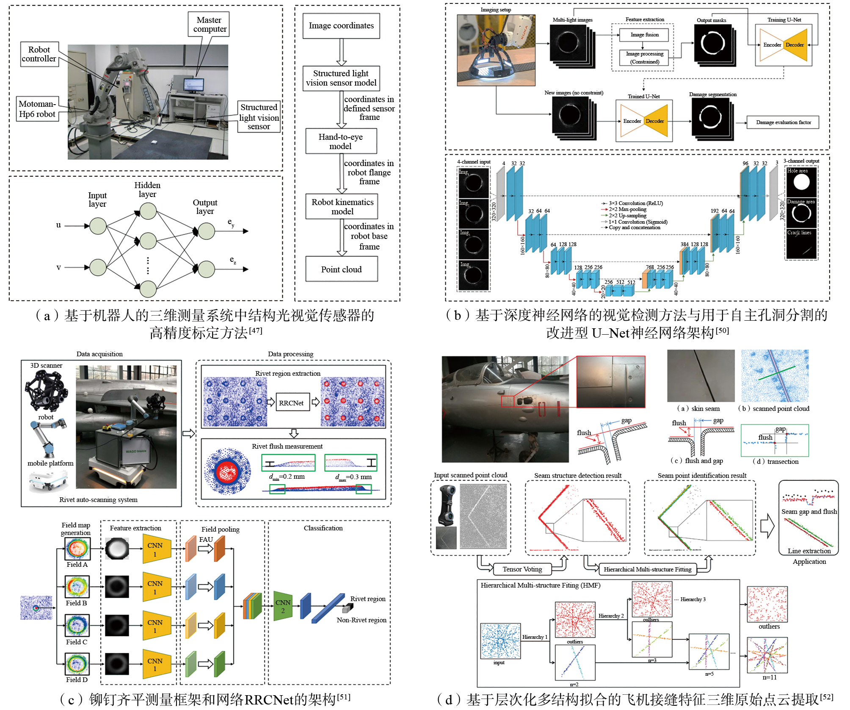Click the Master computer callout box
point(209,24)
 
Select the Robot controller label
point(39,54)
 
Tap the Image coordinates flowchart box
point(341,26)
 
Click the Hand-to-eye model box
point(341,141)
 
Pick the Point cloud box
point(341,269)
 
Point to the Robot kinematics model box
point(342,207)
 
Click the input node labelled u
point(98,226)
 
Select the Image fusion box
point(644,35)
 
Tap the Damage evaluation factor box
point(783,122)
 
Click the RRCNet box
point(291,402)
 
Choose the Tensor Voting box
point(522,569)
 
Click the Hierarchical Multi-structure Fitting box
point(647,569)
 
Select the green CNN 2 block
point(283,606)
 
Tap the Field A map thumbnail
point(77,549)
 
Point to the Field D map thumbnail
point(77,664)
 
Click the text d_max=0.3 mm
point(353,477)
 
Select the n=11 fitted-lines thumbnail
point(767,655)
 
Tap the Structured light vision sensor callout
point(259,116)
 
